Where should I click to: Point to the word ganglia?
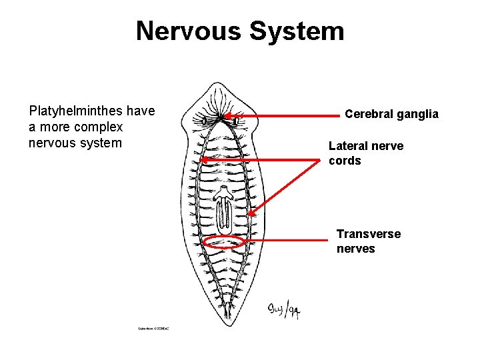(417, 114)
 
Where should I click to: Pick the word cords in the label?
(345, 161)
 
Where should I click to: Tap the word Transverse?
(369, 234)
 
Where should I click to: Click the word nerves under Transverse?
(356, 249)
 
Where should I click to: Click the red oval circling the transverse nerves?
(225, 242)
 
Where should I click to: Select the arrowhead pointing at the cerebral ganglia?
(229, 116)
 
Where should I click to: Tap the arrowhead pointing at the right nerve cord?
(252, 215)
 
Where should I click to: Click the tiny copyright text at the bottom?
(153, 329)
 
